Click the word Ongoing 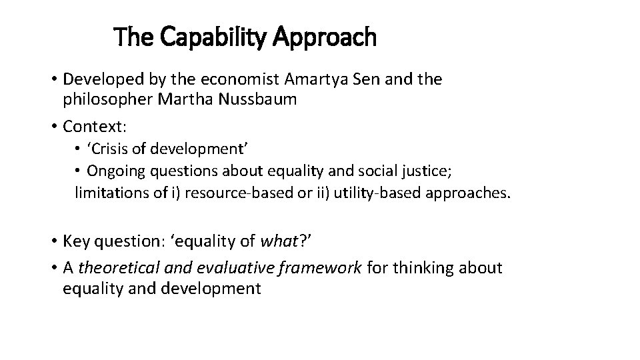115,171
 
